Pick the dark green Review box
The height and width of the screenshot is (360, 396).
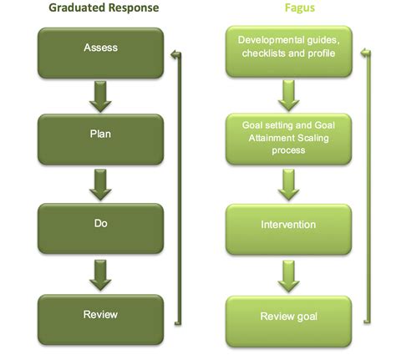[x=101, y=315]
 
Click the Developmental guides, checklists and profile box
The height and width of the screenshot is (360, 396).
[x=289, y=47]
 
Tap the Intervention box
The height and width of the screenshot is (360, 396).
[x=289, y=226]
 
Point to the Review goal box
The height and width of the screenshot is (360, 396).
[x=289, y=316]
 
